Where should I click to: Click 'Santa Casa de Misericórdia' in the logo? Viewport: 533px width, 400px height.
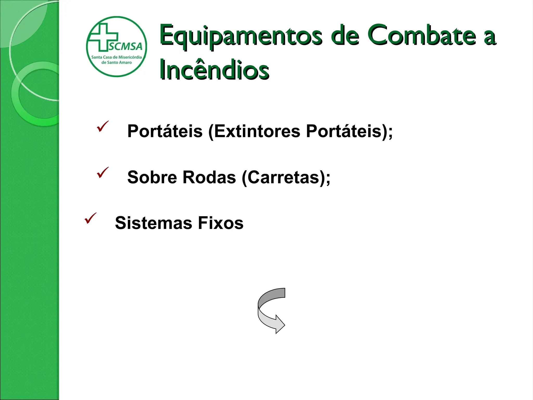pyautogui.click(x=116, y=57)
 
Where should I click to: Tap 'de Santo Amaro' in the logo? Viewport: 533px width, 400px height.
pyautogui.click(x=116, y=63)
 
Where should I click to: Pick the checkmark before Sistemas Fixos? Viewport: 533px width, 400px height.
pyautogui.click(x=90, y=218)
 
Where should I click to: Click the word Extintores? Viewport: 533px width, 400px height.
pyautogui.click(x=257, y=131)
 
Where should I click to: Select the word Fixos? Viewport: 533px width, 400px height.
pyautogui.click(x=220, y=223)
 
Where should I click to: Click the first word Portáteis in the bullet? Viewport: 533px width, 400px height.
pyautogui.click(x=165, y=131)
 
